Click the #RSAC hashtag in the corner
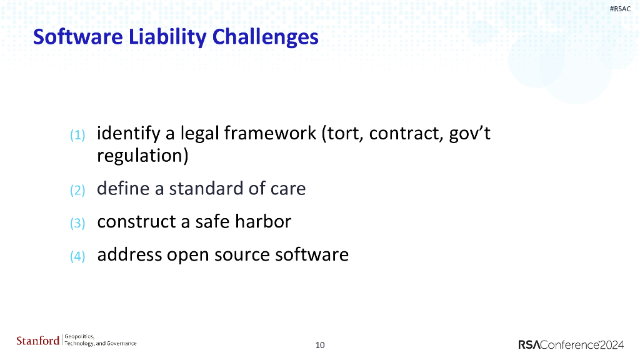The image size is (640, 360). click(620, 9)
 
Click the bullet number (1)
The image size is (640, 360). click(77, 135)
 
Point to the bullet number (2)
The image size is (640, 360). click(77, 190)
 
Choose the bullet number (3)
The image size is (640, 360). click(77, 223)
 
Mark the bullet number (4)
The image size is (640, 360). click(77, 256)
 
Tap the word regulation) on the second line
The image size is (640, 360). click(142, 156)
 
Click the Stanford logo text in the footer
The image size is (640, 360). click(37, 341)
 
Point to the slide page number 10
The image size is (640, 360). click(320, 345)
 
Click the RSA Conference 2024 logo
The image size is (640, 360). click(571, 344)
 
